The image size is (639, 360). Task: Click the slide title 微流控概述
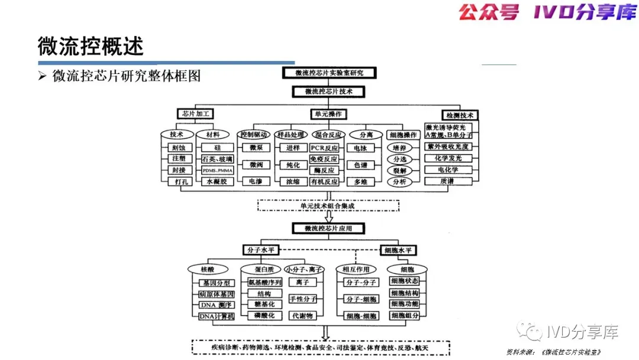tap(91, 46)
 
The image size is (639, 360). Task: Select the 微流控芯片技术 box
tap(329, 92)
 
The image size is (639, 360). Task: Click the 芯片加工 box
tap(195, 114)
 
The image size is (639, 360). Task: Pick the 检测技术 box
tap(460, 115)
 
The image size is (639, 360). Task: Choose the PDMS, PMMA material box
tap(217, 171)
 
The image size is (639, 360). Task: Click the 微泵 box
tap(256, 147)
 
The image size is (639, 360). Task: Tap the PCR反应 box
tap(324, 147)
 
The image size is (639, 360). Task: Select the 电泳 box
tap(361, 147)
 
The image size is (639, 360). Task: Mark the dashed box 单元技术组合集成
tap(328, 205)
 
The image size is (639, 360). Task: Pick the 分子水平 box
tap(260, 250)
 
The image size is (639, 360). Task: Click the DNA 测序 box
tap(217, 305)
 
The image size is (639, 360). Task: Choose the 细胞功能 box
tap(405, 304)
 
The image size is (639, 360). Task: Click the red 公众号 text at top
tap(489, 12)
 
